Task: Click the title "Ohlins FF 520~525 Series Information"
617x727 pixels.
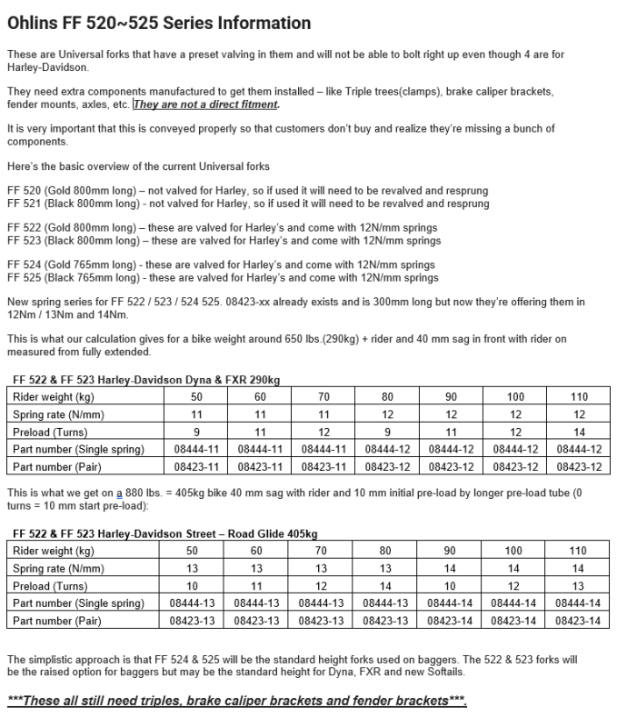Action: (x=159, y=24)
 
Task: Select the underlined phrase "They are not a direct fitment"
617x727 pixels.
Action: (x=205, y=105)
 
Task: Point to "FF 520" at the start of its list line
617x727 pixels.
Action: (x=25, y=191)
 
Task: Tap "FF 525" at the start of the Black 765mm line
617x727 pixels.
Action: (x=25, y=277)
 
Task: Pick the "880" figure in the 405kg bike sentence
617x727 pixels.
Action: (x=135, y=494)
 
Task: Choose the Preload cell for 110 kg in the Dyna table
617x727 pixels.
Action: (x=579, y=432)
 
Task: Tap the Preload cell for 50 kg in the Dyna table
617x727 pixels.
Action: (x=196, y=432)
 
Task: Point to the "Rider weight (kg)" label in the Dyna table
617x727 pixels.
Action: (x=54, y=397)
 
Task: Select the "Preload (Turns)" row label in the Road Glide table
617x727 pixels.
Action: (x=51, y=586)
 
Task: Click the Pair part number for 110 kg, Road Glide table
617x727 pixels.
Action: (x=579, y=621)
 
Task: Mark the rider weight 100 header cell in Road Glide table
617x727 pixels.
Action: (x=514, y=551)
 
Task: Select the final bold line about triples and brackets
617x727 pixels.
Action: (x=237, y=701)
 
